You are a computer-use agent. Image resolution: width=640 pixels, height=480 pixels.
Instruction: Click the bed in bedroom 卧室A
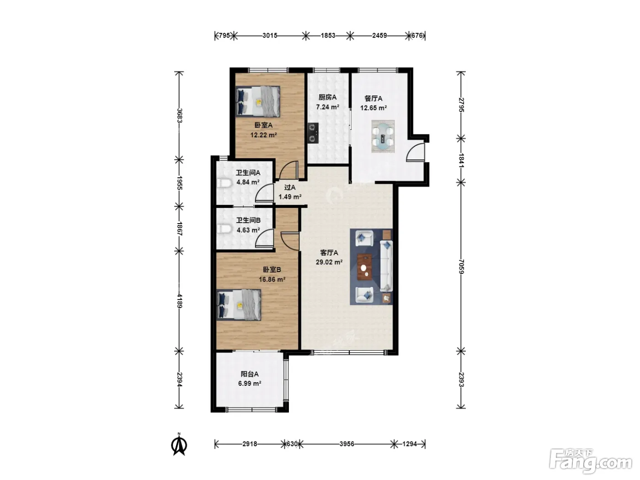(x=258, y=101)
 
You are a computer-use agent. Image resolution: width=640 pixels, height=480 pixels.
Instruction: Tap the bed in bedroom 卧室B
(x=239, y=305)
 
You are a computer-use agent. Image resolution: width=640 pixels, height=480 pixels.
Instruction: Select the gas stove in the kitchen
(x=313, y=133)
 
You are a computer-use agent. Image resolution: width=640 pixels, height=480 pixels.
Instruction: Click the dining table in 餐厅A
(x=383, y=136)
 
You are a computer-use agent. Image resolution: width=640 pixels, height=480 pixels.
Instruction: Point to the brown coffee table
(x=365, y=267)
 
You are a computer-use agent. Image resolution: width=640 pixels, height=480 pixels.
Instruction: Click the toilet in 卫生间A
(x=224, y=183)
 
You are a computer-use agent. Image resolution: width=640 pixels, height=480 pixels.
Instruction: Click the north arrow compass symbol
(x=179, y=444)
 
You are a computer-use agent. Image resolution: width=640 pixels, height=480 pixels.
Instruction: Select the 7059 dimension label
(x=461, y=267)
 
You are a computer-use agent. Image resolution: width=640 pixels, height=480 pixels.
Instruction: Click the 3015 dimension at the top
(x=270, y=36)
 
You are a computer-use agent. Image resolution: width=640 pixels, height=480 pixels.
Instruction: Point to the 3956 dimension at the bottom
(x=347, y=444)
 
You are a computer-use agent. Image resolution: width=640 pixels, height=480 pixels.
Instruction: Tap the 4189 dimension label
(x=179, y=301)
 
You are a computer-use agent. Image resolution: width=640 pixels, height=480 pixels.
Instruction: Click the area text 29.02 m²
(x=329, y=262)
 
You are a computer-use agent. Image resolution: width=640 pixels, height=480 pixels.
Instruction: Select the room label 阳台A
(x=250, y=374)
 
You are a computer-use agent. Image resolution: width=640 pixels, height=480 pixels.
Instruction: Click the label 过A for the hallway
(x=290, y=187)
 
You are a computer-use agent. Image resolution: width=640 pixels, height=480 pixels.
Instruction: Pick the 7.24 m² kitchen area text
(x=327, y=107)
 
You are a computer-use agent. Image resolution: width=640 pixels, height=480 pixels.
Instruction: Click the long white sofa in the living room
(x=386, y=266)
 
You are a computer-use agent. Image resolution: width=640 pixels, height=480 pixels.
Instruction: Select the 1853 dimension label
(x=328, y=36)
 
